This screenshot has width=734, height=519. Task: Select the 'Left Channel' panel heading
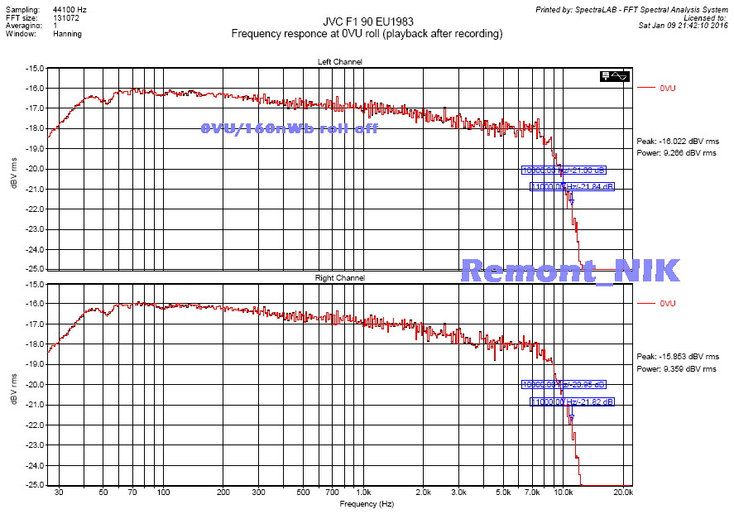pyautogui.click(x=339, y=62)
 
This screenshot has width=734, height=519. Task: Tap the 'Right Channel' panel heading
pyautogui.click(x=340, y=278)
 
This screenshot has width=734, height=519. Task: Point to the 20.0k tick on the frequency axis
pyautogui.click(x=623, y=493)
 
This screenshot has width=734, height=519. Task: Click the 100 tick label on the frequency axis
pyautogui.click(x=163, y=493)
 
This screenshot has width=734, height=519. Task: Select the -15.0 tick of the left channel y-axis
pyautogui.click(x=34, y=68)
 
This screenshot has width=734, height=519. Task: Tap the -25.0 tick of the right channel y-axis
pyautogui.click(x=34, y=485)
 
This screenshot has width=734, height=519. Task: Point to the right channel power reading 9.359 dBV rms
pyautogui.click(x=676, y=369)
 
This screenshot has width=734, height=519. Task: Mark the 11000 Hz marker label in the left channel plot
pyautogui.click(x=573, y=187)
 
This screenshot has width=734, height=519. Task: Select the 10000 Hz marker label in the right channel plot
pyautogui.click(x=564, y=385)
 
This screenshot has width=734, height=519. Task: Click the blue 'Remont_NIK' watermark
pyautogui.click(x=570, y=271)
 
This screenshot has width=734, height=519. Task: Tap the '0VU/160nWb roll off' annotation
pyautogui.click(x=289, y=128)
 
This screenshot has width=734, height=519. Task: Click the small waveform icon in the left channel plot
pyautogui.click(x=616, y=76)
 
